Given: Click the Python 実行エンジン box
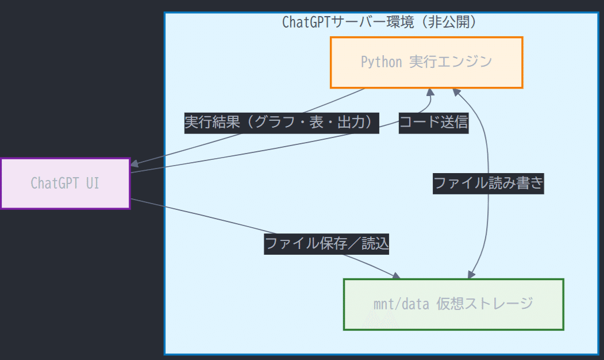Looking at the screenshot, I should coord(426,62).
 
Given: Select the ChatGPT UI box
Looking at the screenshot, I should coord(65,183).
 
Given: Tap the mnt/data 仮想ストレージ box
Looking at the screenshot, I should coord(453,304).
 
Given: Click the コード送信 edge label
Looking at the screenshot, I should coord(433,122).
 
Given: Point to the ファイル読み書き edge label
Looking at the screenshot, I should coord(488,183).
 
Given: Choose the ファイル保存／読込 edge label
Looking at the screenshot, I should coord(326,244).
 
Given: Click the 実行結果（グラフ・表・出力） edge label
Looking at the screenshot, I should coord(282,122).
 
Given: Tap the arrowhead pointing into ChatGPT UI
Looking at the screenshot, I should coord(134,164).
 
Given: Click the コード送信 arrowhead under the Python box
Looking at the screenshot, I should coord(430,92).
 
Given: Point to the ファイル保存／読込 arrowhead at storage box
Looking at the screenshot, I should coord(395,275).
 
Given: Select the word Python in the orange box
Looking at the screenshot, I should coord(382,62).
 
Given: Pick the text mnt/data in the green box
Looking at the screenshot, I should coord(401,304).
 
